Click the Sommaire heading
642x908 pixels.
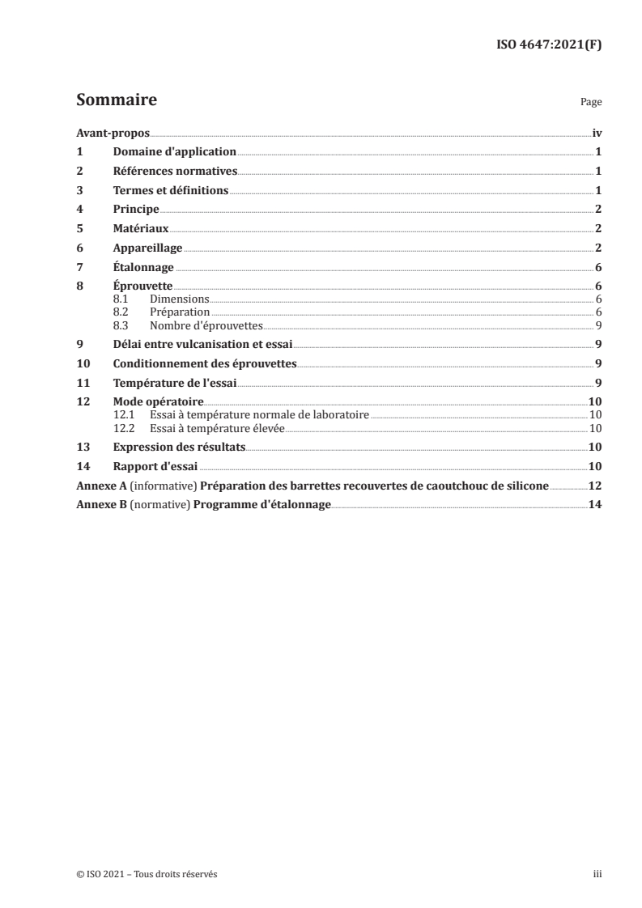116,101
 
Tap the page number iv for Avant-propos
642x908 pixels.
597,133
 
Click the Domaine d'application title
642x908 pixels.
174,151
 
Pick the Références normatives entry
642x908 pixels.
175,171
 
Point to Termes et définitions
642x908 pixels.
171,190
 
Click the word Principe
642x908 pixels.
136,209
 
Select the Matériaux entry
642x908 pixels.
141,228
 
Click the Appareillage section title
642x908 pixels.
148,248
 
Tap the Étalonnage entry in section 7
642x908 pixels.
143,267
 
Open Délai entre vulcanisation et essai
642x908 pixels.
202,343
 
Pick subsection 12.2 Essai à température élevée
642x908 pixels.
216,428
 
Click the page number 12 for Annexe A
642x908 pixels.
595,486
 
